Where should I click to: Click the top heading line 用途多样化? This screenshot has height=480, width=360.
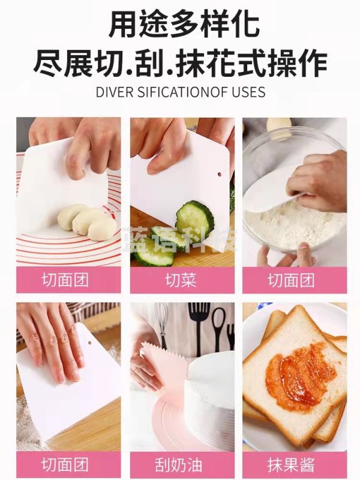(x=184, y=24)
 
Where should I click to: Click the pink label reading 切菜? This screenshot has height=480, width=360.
(x=181, y=280)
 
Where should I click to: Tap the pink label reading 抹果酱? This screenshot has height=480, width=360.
(x=291, y=464)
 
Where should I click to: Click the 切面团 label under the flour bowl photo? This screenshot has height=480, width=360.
(x=291, y=280)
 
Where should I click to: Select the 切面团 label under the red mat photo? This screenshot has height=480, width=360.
(x=65, y=280)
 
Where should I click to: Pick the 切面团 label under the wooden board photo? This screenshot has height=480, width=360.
(x=65, y=464)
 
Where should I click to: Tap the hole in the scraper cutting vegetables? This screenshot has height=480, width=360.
(x=220, y=174)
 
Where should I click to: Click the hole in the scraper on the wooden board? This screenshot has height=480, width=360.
(x=89, y=342)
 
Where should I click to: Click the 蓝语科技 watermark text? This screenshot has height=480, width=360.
(x=181, y=239)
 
